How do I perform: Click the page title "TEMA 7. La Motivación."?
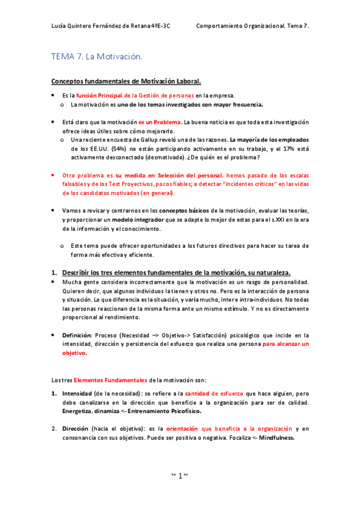click(x=96, y=57)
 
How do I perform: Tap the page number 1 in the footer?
click(x=180, y=476)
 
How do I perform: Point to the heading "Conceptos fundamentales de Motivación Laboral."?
click(x=126, y=81)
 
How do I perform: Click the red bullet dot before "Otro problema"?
click(x=53, y=175)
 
